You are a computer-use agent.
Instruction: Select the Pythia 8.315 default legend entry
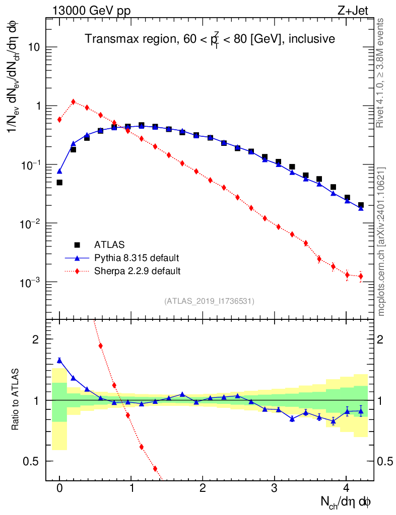(x=137, y=258)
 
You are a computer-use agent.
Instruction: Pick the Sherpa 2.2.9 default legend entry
(x=138, y=271)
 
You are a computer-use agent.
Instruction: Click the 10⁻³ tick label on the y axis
(x=30, y=282)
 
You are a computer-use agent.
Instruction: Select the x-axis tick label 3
(x=275, y=488)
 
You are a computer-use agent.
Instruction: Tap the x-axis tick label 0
(x=59, y=488)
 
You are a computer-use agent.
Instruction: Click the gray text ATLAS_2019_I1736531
(x=209, y=301)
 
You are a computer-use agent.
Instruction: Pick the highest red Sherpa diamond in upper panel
(x=74, y=102)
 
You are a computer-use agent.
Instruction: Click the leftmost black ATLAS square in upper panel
(x=59, y=182)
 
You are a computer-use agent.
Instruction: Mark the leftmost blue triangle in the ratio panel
(x=59, y=360)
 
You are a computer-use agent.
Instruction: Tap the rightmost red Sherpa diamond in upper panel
(x=361, y=276)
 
